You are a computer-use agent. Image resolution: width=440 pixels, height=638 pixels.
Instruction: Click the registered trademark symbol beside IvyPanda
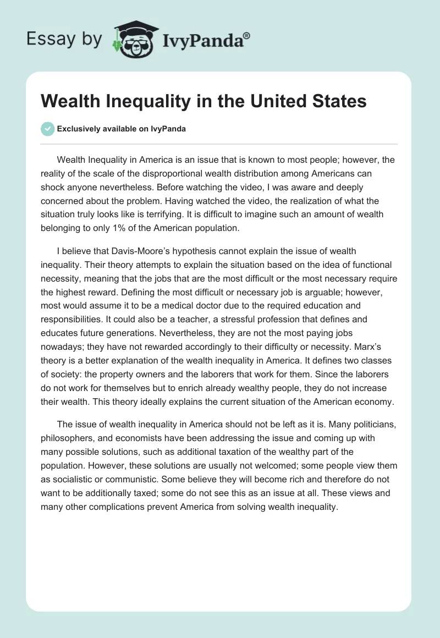[247, 37]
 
